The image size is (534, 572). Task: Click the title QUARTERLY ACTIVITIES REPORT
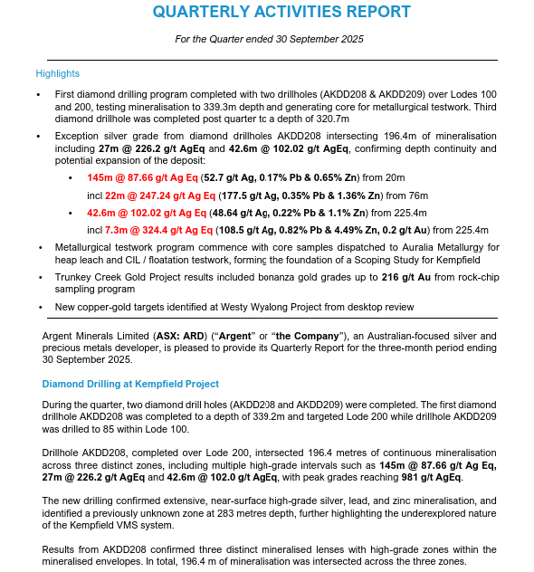(281, 12)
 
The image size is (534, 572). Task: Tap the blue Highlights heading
(58, 73)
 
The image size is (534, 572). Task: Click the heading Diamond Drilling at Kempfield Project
(130, 385)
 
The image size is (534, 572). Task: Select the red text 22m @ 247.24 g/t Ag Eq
(160, 195)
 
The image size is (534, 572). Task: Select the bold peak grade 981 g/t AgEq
(426, 477)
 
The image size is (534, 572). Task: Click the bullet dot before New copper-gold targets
(39, 307)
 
